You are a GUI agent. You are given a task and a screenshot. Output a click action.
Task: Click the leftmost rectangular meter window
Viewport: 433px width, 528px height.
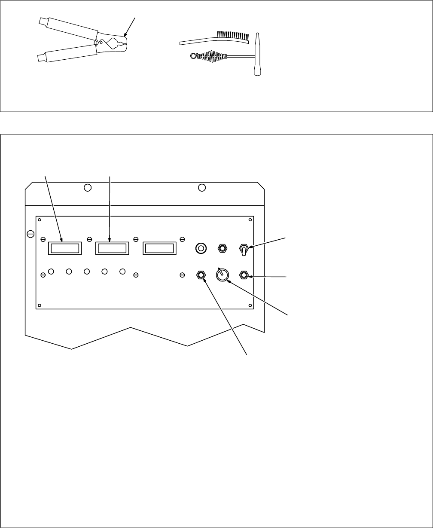click(64, 248)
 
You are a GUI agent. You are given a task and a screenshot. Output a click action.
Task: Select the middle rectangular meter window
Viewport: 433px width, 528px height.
click(112, 248)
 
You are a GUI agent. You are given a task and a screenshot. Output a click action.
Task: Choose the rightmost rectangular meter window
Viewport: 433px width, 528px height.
click(159, 248)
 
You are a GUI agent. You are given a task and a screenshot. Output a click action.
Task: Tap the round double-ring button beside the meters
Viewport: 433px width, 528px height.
click(201, 248)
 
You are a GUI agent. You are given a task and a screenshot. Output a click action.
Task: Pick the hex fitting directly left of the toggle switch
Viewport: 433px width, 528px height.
click(223, 248)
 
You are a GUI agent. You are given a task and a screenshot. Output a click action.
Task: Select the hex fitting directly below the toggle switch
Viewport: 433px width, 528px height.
click(244, 275)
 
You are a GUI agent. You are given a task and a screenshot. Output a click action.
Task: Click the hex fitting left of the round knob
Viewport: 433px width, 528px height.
click(200, 274)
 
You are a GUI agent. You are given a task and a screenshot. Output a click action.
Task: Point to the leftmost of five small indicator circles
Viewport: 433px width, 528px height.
click(51, 272)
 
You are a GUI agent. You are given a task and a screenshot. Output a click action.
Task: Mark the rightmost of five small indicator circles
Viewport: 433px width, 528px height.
click(122, 272)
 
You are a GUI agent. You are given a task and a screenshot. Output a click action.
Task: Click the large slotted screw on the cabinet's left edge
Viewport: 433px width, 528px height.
click(30, 234)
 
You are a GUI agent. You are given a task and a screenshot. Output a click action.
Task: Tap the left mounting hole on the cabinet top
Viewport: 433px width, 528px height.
click(87, 188)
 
